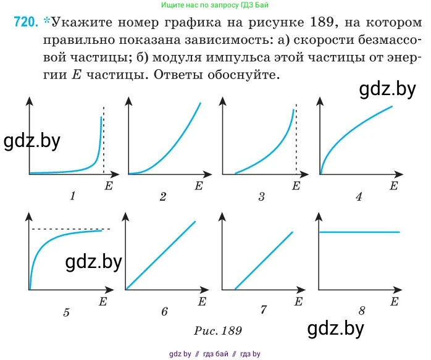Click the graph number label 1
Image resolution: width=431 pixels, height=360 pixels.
[x=73, y=197]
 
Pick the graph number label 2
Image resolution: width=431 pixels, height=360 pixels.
[x=163, y=197]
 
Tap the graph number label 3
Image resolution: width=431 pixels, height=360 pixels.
[x=262, y=197]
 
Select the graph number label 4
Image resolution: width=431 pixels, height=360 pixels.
[x=359, y=197]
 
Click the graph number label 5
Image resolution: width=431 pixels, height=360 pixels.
[x=66, y=312]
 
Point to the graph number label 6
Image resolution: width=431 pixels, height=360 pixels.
[x=164, y=312]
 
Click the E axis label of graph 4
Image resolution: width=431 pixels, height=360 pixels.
[x=393, y=185]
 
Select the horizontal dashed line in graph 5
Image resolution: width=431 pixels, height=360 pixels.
[x=71, y=229]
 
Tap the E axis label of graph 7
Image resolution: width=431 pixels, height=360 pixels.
[x=298, y=301]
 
